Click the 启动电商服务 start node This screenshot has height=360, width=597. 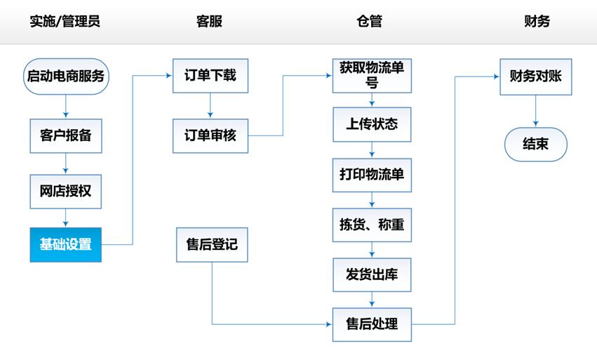point(65,76)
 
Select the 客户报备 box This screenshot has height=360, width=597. point(65,136)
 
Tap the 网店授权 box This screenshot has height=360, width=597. point(65,192)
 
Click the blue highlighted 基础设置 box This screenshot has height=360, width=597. point(65,245)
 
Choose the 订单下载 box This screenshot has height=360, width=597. point(210,75)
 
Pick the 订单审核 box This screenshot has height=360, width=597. point(210,135)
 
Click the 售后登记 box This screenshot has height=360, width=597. point(211,245)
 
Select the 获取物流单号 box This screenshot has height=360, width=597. point(372,75)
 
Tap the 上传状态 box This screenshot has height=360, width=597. point(372,124)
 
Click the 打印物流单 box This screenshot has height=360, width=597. point(372,175)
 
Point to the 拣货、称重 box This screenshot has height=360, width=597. point(372,225)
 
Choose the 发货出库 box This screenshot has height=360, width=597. point(372,274)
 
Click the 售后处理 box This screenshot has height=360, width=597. point(372,324)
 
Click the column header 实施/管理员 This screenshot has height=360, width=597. point(65,21)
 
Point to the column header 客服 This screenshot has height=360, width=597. point(209,21)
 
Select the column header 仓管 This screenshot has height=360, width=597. point(370,21)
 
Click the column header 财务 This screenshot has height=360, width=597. point(537,21)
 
